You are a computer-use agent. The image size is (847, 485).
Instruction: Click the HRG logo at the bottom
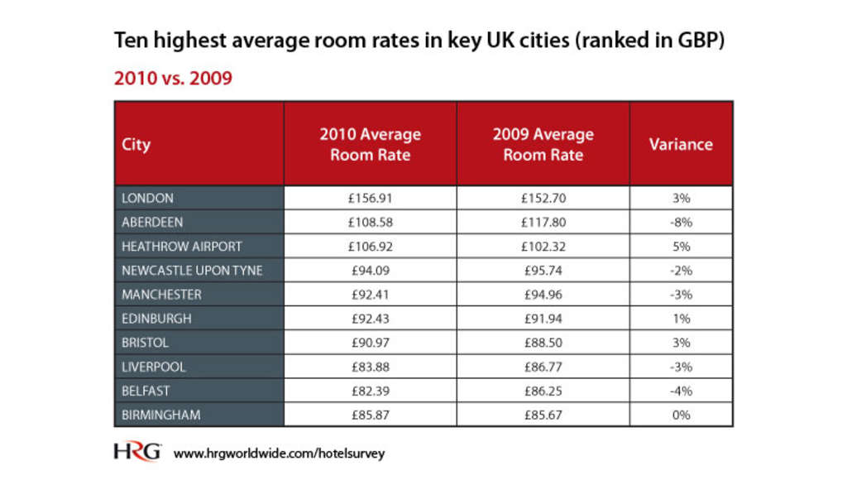[x=137, y=453]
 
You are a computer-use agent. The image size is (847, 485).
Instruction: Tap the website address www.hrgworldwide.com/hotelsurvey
[x=279, y=454]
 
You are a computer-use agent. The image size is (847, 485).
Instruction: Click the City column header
[x=136, y=144]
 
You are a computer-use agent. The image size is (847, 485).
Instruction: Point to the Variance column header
[x=680, y=144]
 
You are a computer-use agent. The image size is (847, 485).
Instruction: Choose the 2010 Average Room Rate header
[x=370, y=144]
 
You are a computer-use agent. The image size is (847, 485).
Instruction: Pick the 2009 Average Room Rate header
[x=543, y=144]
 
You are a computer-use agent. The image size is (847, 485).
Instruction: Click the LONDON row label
[x=147, y=198]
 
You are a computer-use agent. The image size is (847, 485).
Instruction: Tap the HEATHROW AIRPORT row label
[x=181, y=246]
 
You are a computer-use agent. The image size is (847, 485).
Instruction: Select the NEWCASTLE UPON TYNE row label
[x=191, y=270]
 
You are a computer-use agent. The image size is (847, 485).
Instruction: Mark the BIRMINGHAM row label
[x=160, y=415]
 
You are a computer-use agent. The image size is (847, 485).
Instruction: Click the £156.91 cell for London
[x=370, y=198]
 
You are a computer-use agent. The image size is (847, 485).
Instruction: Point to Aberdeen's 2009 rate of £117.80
[x=543, y=222]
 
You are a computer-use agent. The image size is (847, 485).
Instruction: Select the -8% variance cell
[x=681, y=222]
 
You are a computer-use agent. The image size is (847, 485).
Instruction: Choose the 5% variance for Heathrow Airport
[x=681, y=246]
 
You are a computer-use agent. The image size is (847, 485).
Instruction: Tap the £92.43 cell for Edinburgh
[x=370, y=318]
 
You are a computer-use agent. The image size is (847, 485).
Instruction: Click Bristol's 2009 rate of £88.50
[x=543, y=342]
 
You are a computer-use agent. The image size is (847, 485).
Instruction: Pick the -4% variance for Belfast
[x=681, y=391]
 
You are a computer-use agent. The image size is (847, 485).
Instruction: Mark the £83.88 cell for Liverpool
[x=370, y=367]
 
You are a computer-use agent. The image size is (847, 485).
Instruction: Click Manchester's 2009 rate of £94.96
[x=543, y=294]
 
